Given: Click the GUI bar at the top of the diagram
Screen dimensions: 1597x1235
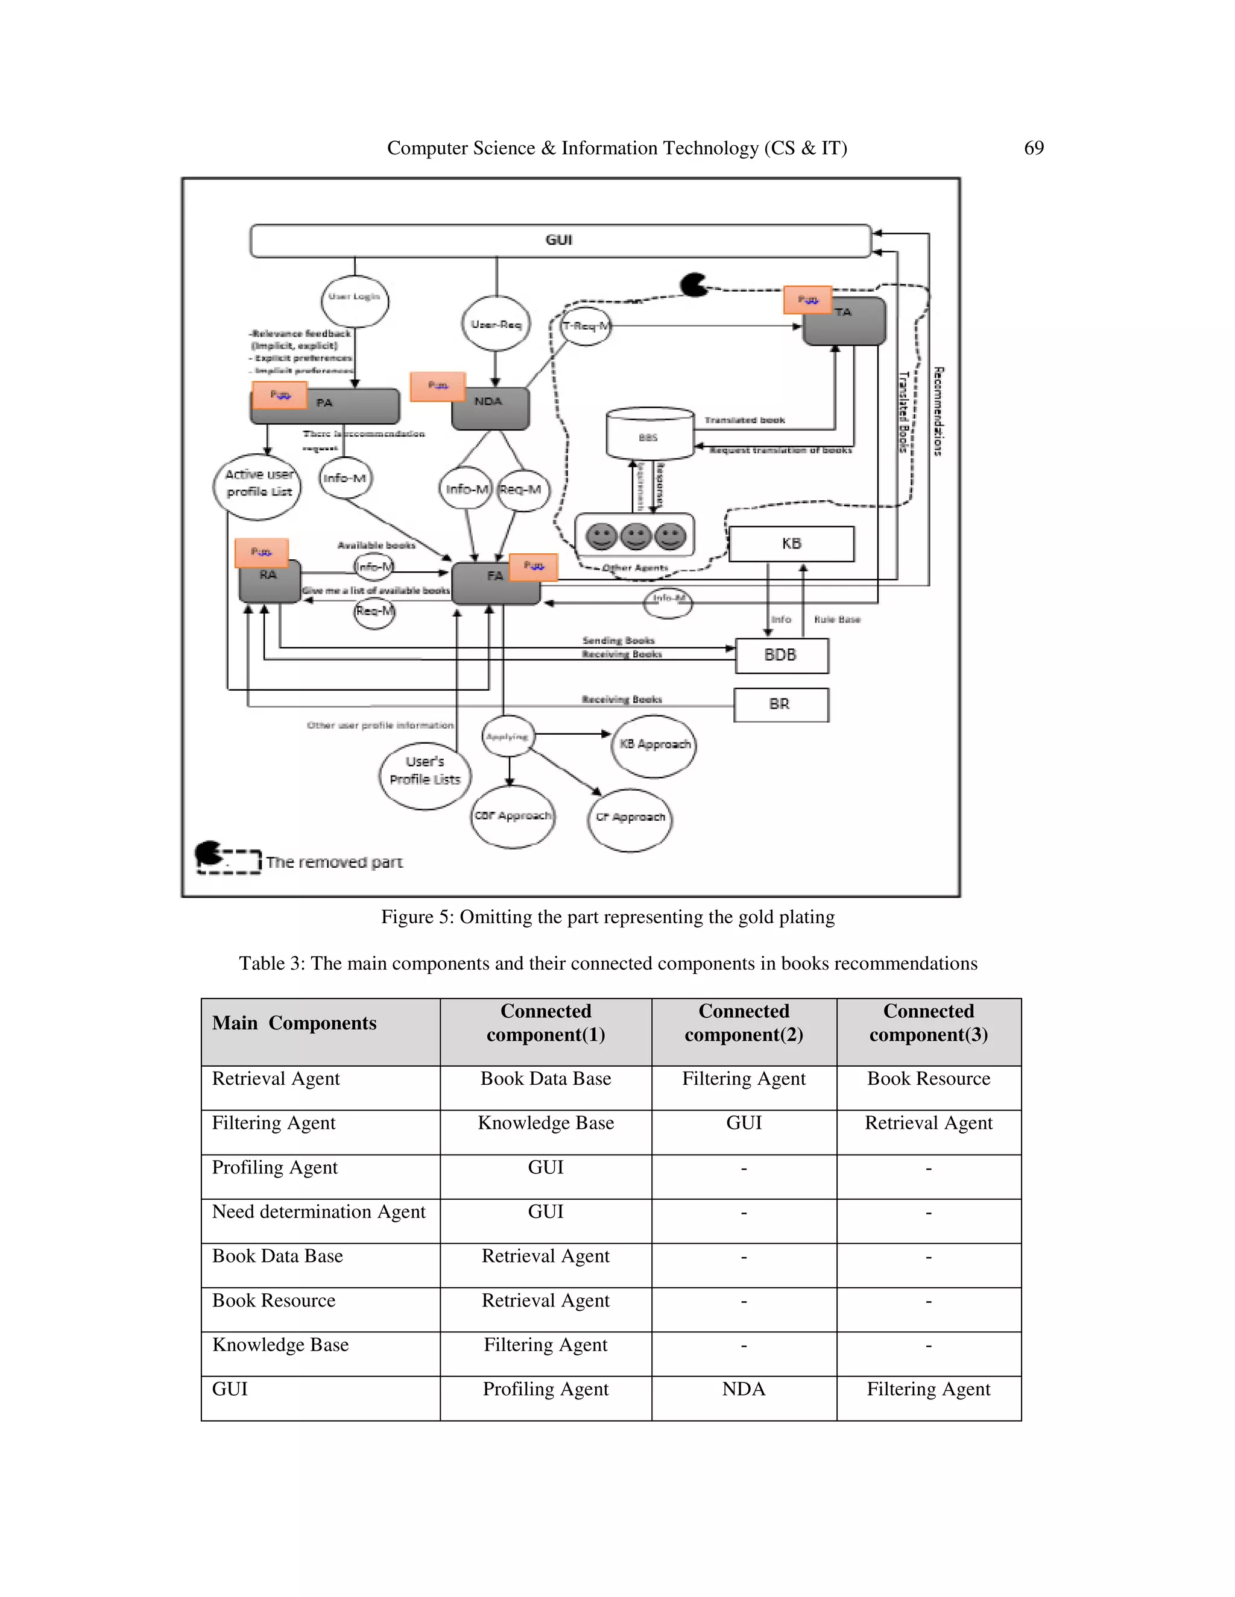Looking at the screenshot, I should click(560, 240).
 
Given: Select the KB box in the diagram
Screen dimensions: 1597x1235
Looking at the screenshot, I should click(791, 544).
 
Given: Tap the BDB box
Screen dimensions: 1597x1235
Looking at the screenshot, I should click(781, 655).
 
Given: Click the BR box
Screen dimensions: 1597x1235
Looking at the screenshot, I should click(781, 704).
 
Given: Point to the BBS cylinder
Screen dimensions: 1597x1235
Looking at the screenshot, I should click(649, 435).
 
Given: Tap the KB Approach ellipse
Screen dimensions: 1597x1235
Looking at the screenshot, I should click(654, 745).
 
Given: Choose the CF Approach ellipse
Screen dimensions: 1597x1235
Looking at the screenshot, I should click(630, 819).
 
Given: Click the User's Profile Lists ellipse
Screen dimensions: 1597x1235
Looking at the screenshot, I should click(425, 774).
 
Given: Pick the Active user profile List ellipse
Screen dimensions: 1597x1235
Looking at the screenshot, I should click(257, 486).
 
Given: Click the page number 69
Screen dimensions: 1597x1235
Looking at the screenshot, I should click(1033, 148).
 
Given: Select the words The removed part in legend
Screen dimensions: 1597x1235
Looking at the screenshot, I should click(334, 863).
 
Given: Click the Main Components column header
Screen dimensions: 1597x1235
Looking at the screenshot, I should click(294, 1023).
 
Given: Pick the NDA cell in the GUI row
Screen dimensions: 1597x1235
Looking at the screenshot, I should click(744, 1389).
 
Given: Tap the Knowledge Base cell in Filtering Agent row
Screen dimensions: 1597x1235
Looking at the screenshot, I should click(546, 1123).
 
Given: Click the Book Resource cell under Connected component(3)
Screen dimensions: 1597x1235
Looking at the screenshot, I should click(929, 1079).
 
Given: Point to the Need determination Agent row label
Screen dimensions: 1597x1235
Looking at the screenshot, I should click(318, 1212).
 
